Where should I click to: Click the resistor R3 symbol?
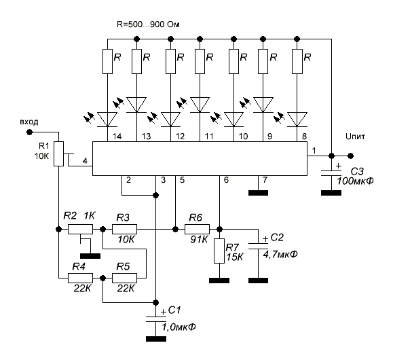coord(124,229)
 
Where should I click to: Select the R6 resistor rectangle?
coord(197,229)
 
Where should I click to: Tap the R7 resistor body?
coord(219,251)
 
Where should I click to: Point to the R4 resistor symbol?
coord(81,278)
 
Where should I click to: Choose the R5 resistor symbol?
coord(124,278)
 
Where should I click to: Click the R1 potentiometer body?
coord(58,154)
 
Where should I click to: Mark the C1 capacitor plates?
coord(156,319)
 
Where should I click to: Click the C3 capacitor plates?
coord(331,173)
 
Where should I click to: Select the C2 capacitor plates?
coord(258,246)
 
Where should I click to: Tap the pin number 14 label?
coord(117,137)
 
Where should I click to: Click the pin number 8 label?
coord(304,137)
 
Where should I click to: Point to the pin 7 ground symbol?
coord(258,193)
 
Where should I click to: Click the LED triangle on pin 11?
coord(200,105)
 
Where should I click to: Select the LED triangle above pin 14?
coord(107,120)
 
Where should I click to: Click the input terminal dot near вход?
coord(30,132)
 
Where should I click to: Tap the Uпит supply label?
coord(355,137)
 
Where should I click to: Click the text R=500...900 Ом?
coord(148,24)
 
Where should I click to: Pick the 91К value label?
coord(199,240)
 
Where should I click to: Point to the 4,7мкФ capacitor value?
coord(280,255)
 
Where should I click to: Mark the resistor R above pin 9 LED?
coord(263,61)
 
